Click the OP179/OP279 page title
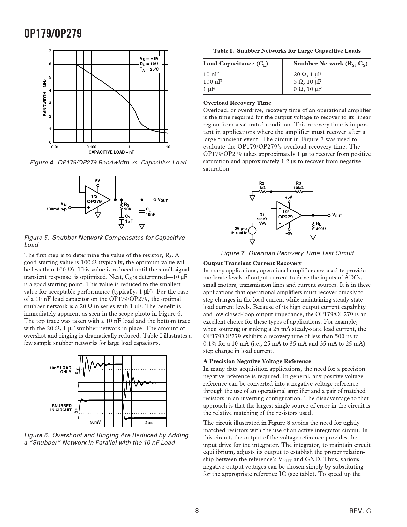pos(53,33)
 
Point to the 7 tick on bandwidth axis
pos(50,51)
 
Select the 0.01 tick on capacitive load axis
pos(55,147)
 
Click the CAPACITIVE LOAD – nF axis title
pos(111,152)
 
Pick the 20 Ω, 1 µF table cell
pos(307,75)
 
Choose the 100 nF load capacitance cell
pos(213,82)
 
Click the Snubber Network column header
pos(330,64)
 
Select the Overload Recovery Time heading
pos(237,103)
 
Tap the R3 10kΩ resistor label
pos(298,186)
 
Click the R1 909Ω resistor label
pos(262,217)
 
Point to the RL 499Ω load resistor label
pos(321,226)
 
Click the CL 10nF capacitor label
pos(150,212)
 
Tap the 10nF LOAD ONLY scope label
pos(61,370)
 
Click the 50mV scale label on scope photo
pos(95,422)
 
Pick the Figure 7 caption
pos(287,253)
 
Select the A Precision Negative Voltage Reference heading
pos(257,361)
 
